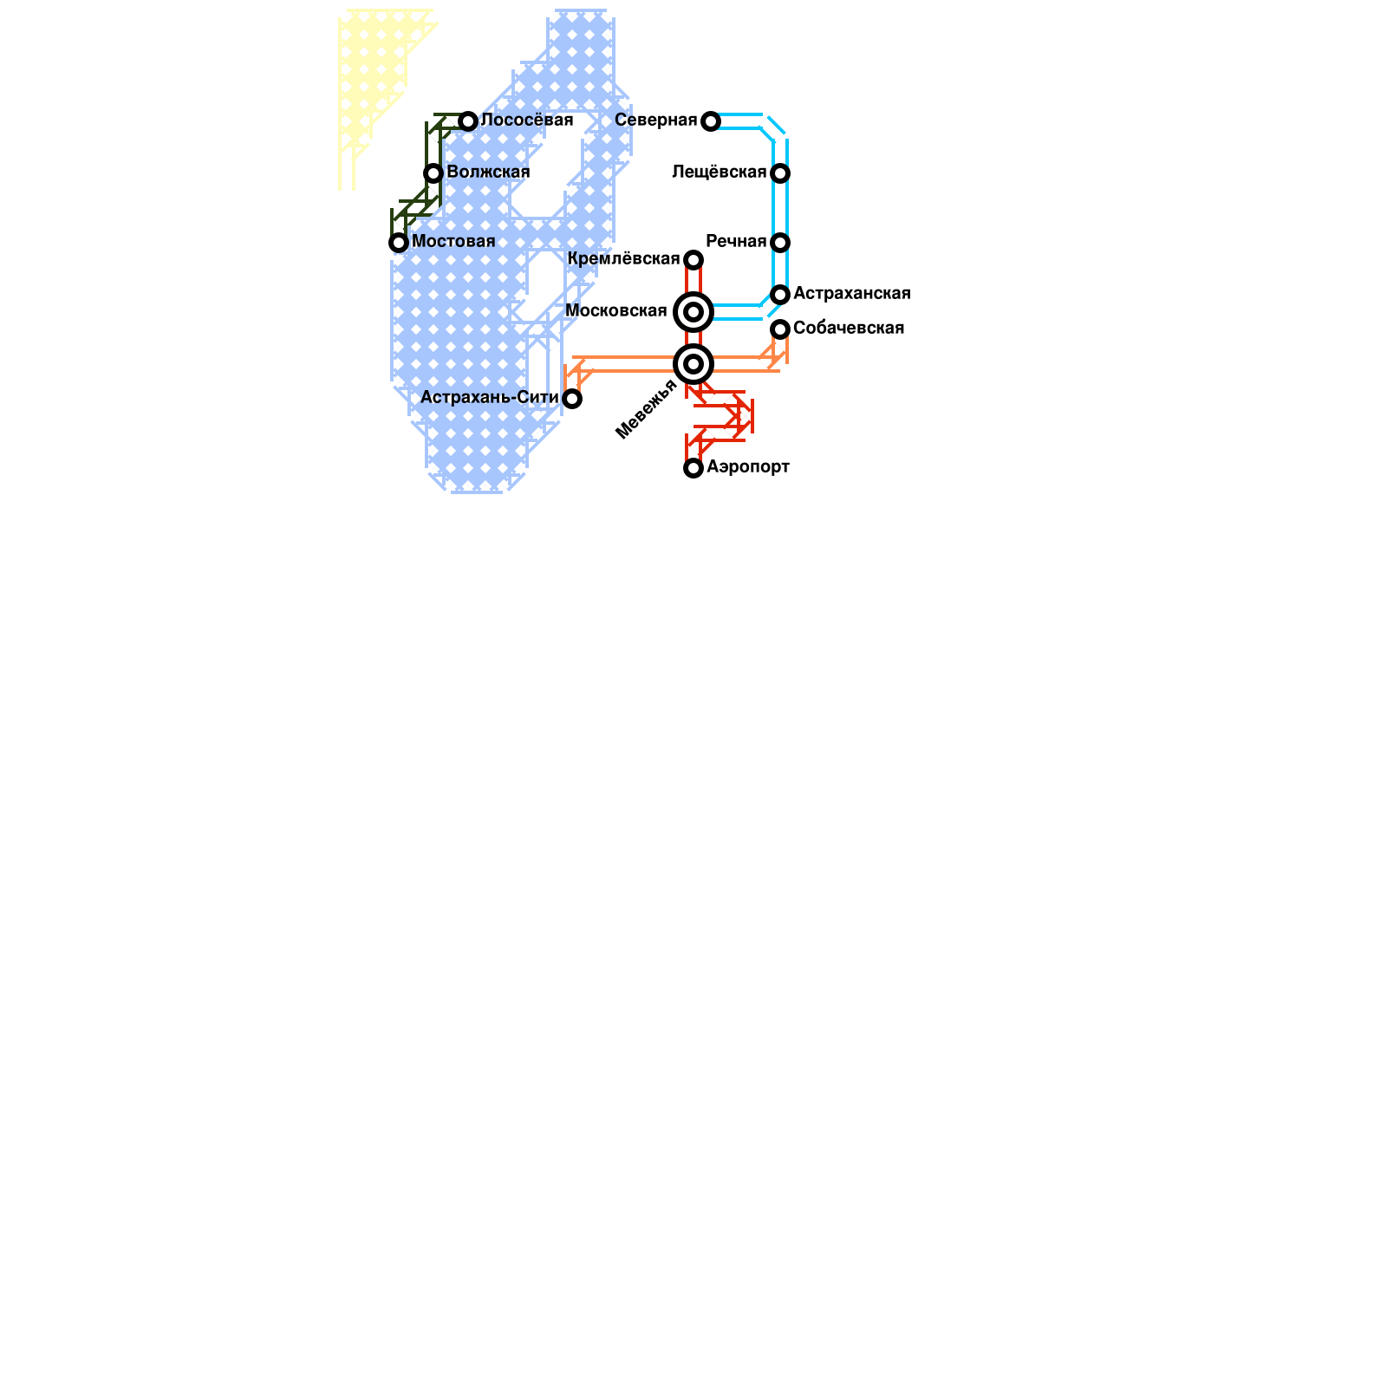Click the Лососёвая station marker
click(468, 120)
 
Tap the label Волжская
click(488, 173)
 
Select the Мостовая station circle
click(399, 242)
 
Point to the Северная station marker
click(711, 120)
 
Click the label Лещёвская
click(719, 173)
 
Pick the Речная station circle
click(780, 242)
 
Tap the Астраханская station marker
click(780, 294)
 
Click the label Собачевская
click(848, 329)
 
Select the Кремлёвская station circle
click(693, 259)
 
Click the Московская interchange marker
click(693, 311)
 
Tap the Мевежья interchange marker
click(693, 364)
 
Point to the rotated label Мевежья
click(646, 409)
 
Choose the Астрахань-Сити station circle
click(572, 398)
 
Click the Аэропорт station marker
click(693, 468)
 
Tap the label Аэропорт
click(747, 467)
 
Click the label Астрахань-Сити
click(489, 398)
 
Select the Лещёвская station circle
click(780, 173)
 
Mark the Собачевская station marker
click(780, 329)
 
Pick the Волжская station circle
click(433, 173)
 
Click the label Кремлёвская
click(623, 259)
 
